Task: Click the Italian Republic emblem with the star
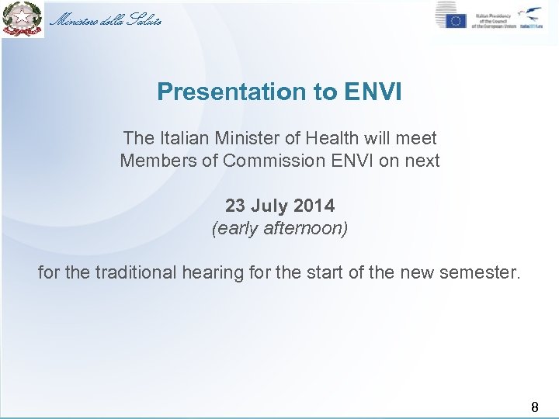21,19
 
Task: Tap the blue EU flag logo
456,21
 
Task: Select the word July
269,206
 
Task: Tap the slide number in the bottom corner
534,405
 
